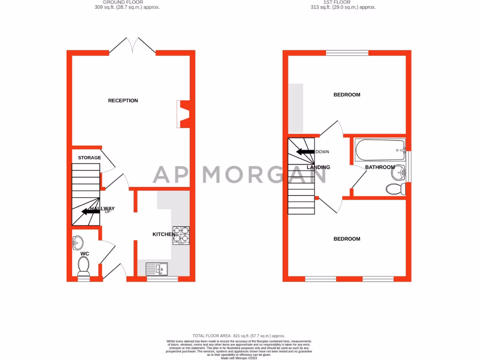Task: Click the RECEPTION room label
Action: [123, 100]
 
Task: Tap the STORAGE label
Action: [89, 158]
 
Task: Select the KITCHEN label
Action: [164, 234]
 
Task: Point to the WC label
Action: [84, 254]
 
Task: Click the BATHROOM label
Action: [380, 167]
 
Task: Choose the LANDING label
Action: [318, 167]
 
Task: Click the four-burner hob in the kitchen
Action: [181, 235]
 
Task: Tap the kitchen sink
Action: [157, 269]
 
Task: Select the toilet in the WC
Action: [84, 268]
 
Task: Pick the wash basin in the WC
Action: [79, 243]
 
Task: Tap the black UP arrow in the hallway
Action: [90, 211]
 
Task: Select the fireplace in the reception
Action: [183, 114]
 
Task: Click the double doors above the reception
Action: [133, 45]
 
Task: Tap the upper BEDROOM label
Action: [347, 95]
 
